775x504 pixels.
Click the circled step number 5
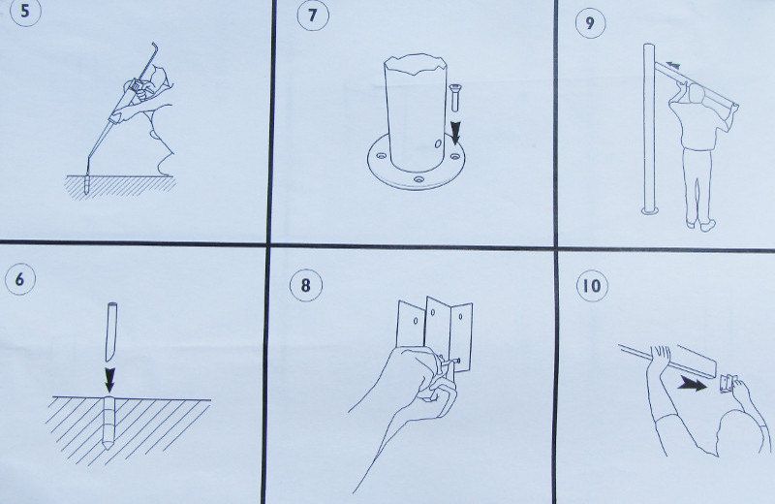24,11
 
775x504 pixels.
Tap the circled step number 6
19,279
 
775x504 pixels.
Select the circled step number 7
312,15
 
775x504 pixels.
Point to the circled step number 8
306,285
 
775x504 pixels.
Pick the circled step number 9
590,22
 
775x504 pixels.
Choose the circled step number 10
592,286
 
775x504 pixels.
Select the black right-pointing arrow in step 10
693,384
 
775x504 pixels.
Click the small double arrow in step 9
672,65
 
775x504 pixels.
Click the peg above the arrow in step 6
110,331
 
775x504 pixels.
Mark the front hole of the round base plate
419,179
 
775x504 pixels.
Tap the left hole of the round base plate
380,156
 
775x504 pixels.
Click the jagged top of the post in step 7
416,64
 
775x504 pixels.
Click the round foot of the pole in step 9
649,211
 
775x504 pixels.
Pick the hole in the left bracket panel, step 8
416,321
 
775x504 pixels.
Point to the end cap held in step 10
725,384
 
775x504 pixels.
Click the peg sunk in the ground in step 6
108,422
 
